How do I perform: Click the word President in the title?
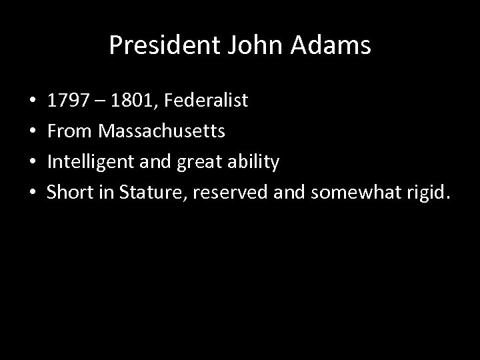pos(154,45)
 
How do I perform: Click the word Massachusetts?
pos(161,131)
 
